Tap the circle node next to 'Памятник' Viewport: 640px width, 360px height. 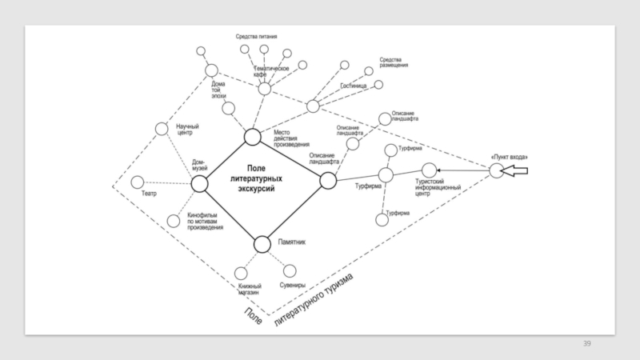tap(262, 244)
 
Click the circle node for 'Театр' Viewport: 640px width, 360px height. tap(138, 182)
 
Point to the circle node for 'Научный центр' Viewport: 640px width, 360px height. tap(162, 128)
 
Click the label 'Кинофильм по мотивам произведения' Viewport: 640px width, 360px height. tap(205, 222)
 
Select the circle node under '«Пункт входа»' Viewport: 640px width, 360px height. tap(497, 170)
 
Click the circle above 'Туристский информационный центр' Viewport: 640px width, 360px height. tap(429, 170)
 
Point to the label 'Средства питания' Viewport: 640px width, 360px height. tap(256, 36)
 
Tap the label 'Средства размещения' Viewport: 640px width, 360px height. tap(394, 62)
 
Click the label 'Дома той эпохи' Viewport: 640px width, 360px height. tap(218, 88)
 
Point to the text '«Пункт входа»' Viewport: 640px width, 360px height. tap(508, 155)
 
